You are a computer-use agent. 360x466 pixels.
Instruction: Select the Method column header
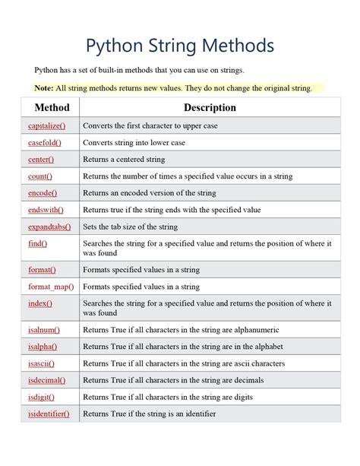point(52,108)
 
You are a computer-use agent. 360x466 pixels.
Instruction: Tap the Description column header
point(210,108)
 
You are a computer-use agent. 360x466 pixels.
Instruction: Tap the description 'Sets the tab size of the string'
point(130,227)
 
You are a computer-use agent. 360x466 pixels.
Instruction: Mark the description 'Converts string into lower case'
point(134,142)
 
